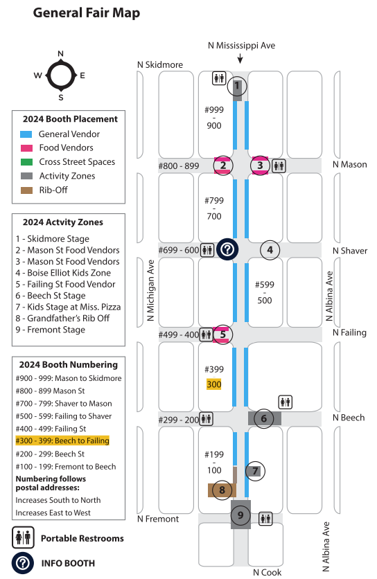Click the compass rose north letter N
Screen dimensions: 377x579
coord(60,53)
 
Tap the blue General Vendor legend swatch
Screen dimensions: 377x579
coord(26,134)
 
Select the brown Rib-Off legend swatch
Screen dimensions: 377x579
coord(26,190)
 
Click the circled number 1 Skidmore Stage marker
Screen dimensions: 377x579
coord(236,87)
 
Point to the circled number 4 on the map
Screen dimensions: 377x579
coord(270,250)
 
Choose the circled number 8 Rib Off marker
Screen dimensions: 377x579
coord(222,490)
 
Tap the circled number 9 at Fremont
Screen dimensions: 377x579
coord(240,515)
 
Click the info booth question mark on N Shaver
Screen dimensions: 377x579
coord(227,249)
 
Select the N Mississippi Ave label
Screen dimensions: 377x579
coord(241,46)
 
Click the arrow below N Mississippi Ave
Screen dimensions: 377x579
coord(240,58)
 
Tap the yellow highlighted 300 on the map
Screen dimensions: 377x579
coord(214,384)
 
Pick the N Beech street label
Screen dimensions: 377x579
coord(349,418)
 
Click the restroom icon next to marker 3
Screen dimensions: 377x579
coord(279,166)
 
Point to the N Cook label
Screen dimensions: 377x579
coord(268,572)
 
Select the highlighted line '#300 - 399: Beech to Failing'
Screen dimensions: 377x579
coord(62,440)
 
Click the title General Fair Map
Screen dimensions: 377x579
coord(87,12)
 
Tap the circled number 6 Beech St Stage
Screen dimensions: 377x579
coord(263,419)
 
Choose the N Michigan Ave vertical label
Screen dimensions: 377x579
coord(150,291)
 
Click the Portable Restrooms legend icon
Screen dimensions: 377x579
coord(23,537)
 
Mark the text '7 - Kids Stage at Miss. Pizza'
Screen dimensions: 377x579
coord(68,307)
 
